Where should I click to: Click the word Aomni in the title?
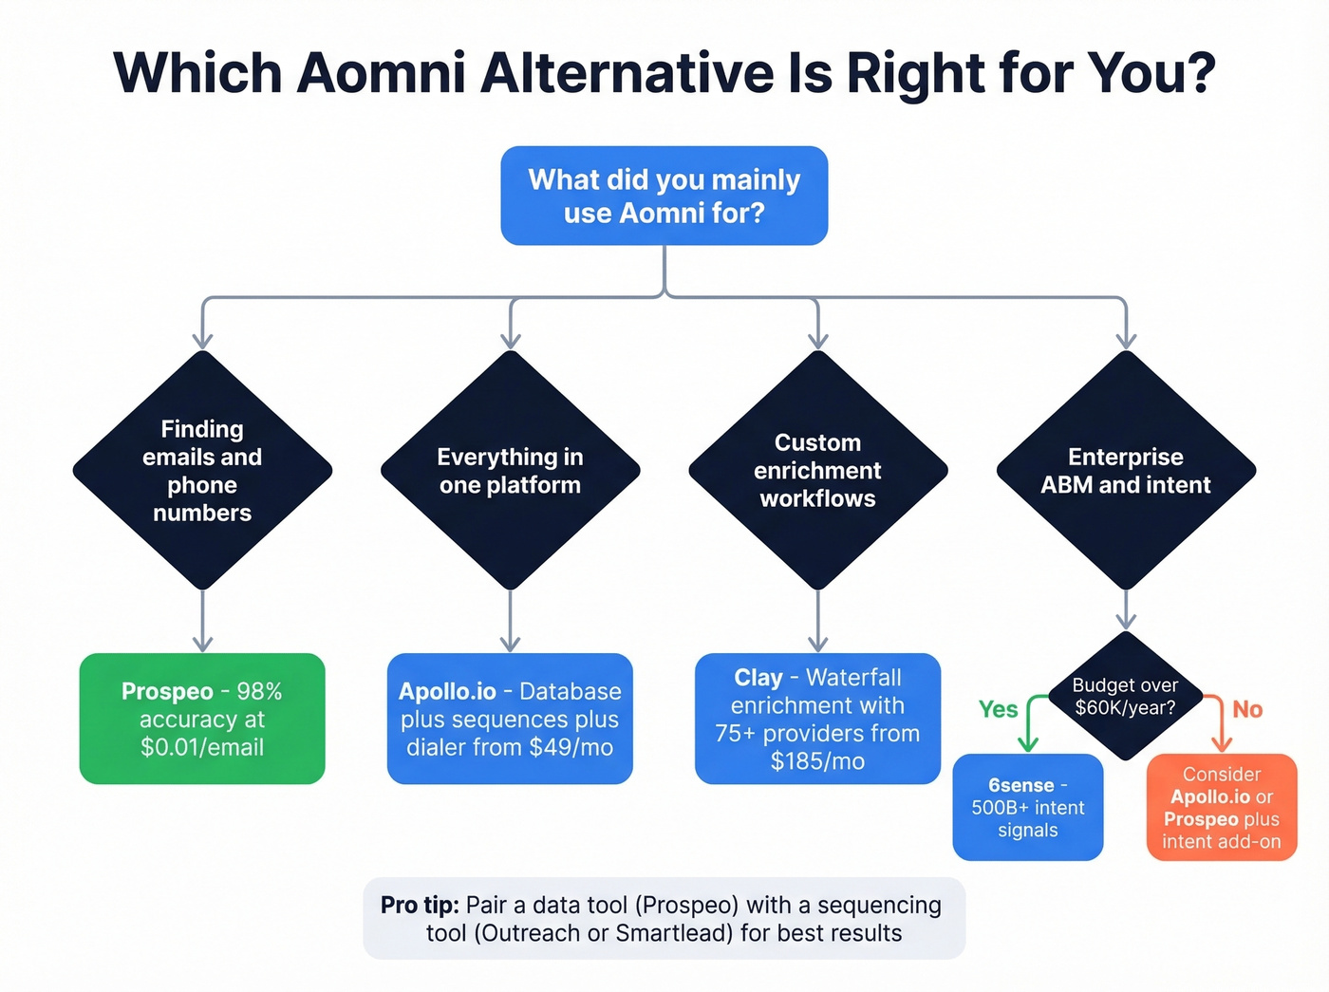(x=381, y=74)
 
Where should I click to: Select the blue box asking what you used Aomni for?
(x=664, y=196)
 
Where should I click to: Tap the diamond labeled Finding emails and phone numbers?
(x=202, y=471)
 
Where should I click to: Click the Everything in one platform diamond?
(x=510, y=471)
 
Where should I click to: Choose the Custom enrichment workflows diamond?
(x=817, y=471)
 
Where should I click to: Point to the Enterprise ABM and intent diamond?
(x=1125, y=471)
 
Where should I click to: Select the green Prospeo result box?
(x=202, y=719)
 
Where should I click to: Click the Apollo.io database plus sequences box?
(x=510, y=719)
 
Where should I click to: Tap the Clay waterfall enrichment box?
(x=817, y=719)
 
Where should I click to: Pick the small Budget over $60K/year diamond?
(x=1125, y=697)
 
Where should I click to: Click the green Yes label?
(x=998, y=709)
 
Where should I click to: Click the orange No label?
(x=1246, y=709)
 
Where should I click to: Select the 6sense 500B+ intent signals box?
(x=1027, y=807)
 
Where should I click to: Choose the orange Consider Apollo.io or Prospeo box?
(x=1221, y=807)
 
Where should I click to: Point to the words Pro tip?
(x=420, y=905)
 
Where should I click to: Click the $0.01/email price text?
(x=202, y=747)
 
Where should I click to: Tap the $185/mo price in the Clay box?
(x=817, y=761)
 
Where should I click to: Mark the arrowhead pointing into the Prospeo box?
(x=202, y=644)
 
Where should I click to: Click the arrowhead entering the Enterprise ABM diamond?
(x=1126, y=341)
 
